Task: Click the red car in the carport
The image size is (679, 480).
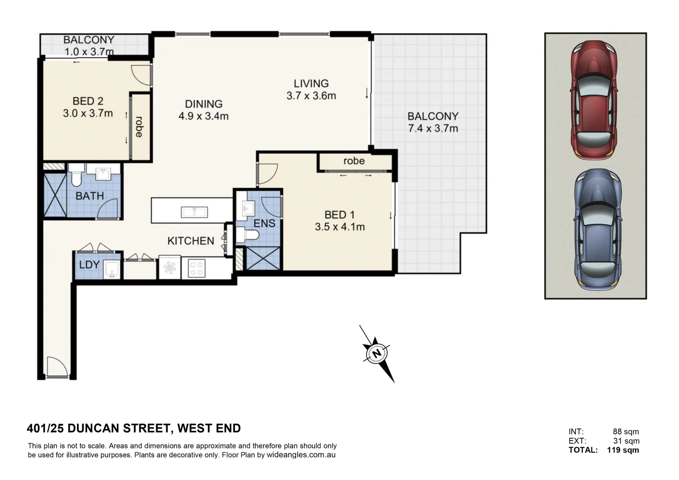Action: pyautogui.click(x=594, y=100)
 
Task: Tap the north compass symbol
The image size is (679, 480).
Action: pyautogui.click(x=377, y=354)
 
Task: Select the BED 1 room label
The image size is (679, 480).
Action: pyautogui.click(x=339, y=215)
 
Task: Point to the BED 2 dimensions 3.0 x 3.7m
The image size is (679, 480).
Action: pyautogui.click(x=88, y=113)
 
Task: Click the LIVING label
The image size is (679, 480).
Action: pyautogui.click(x=311, y=83)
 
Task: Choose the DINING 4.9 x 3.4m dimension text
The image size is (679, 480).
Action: pyautogui.click(x=203, y=116)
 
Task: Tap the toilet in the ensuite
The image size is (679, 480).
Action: pyautogui.click(x=248, y=234)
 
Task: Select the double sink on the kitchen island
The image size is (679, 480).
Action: pyautogui.click(x=194, y=212)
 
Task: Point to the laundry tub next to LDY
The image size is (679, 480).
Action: pyautogui.click(x=111, y=269)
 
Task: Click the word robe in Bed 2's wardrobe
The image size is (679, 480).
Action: pyautogui.click(x=139, y=127)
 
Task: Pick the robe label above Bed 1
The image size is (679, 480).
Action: pyautogui.click(x=354, y=161)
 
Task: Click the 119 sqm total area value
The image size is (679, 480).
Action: pyautogui.click(x=623, y=450)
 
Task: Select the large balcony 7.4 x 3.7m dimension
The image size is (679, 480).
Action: pyautogui.click(x=433, y=128)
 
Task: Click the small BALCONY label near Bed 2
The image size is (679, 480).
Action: pyautogui.click(x=88, y=40)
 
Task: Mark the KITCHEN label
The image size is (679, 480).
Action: pyautogui.click(x=190, y=241)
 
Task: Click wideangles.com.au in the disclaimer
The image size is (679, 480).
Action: pyautogui.click(x=301, y=455)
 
